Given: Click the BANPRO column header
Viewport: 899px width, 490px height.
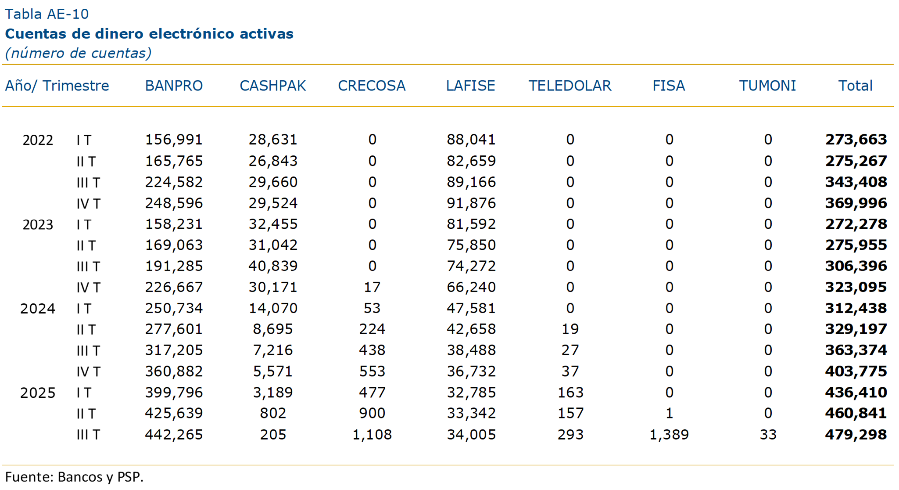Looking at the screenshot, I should click(174, 86).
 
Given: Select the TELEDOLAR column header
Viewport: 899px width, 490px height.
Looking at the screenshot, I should click(569, 86).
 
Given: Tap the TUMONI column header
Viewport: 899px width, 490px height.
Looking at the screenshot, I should click(767, 86).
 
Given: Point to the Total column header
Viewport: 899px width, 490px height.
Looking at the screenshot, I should click(855, 86).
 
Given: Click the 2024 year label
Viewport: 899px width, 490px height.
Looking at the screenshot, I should click(38, 309).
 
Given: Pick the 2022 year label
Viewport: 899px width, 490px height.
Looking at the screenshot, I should click(38, 140).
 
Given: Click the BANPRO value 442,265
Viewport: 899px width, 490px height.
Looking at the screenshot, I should click(174, 435).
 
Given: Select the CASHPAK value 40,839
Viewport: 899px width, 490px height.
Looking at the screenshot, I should click(273, 266).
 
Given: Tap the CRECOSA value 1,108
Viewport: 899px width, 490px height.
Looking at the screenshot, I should click(372, 435).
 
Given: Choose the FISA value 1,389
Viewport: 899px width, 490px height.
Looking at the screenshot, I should click(669, 435).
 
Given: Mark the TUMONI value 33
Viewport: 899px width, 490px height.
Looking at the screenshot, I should click(768, 435).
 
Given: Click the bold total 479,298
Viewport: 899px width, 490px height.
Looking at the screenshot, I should click(856, 435).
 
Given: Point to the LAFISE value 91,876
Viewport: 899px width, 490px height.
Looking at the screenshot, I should click(471, 203).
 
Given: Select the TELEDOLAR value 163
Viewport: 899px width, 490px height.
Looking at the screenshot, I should click(570, 393).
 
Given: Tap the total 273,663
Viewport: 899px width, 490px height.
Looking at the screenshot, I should click(856, 140).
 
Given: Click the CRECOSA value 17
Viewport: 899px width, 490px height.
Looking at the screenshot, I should click(372, 287).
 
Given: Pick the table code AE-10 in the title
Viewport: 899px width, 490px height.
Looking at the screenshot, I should click(68, 14).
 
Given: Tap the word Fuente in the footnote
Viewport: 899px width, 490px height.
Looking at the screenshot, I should click(29, 477).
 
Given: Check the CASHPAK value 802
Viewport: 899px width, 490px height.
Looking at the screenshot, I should click(273, 413).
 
